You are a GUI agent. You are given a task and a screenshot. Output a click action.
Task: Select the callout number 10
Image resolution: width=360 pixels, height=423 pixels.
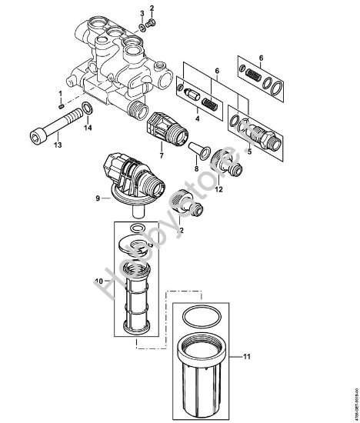[98, 280]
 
